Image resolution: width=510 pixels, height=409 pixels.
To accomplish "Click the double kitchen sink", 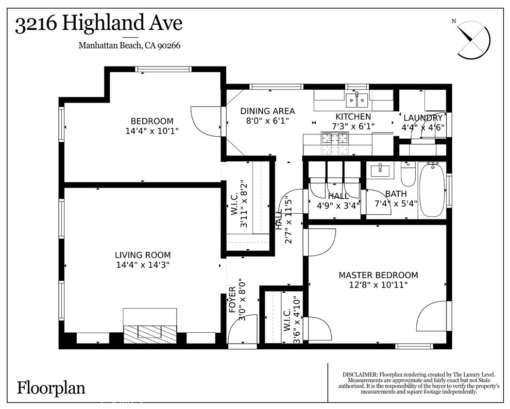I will click(x=356, y=98).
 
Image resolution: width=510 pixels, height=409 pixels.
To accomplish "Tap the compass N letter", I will click(x=454, y=21).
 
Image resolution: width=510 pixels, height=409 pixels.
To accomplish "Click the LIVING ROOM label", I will click(x=143, y=255).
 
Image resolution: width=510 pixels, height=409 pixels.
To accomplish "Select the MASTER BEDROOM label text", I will click(x=378, y=275).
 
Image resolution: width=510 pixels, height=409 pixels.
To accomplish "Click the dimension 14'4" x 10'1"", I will click(x=152, y=131).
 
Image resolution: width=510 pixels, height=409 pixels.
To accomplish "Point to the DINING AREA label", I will click(x=267, y=111).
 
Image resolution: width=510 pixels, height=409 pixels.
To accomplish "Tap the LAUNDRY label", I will click(x=422, y=118).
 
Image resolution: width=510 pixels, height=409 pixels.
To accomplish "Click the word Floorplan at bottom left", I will click(x=51, y=387).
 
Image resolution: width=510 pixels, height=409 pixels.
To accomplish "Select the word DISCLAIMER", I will click(x=360, y=374).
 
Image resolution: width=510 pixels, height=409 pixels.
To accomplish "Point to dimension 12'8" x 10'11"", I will click(x=378, y=285).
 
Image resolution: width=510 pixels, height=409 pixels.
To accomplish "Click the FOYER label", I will click(x=232, y=300).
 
